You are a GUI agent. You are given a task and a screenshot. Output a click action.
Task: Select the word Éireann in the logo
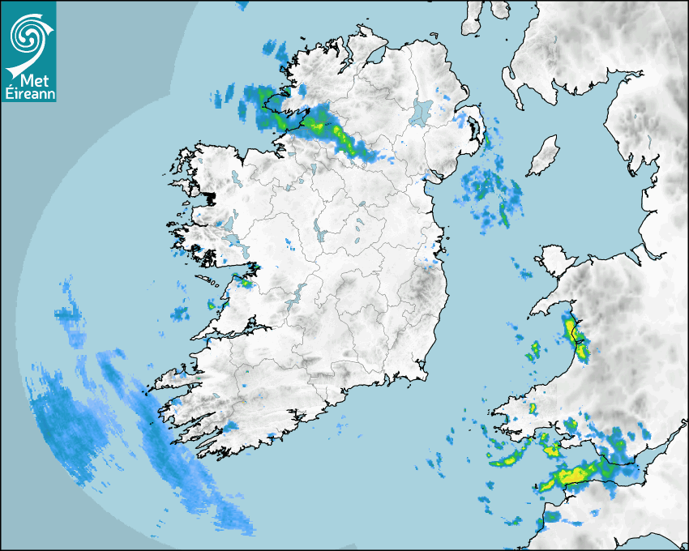click(29, 94)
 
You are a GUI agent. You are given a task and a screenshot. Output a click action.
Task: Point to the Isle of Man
click(543, 156)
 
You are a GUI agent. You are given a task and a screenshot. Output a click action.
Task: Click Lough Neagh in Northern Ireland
click(422, 111)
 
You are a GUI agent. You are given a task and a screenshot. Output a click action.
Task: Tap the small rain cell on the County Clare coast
click(212, 305)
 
